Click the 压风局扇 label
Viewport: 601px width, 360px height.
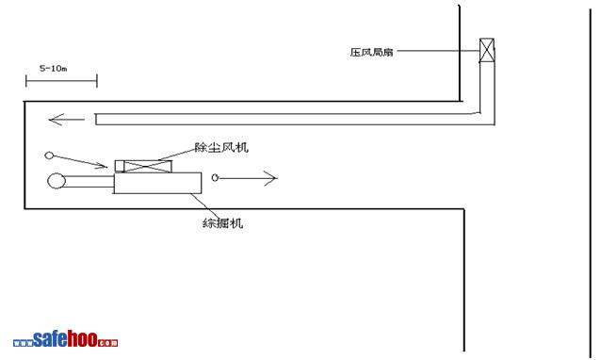tap(371, 52)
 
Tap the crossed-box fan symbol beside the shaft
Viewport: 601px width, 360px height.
tap(487, 50)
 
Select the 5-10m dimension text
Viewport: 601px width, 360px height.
tap(54, 69)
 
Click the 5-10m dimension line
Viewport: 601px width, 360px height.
tap(61, 81)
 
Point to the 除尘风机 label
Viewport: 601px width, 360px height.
tap(221, 147)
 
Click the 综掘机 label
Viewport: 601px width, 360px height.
tap(222, 223)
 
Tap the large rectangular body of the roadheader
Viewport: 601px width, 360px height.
tap(158, 183)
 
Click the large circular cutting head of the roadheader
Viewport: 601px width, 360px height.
tap(57, 181)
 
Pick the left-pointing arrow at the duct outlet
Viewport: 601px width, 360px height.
tap(67, 120)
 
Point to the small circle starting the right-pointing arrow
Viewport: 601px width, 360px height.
tap(215, 177)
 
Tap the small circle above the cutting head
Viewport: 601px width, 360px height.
tap(49, 155)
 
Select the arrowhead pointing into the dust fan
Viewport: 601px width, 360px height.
tap(103, 165)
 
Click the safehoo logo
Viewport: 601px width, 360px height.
tap(65, 339)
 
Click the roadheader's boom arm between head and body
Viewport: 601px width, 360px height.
tap(90, 181)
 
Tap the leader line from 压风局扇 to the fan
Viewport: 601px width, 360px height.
tap(438, 51)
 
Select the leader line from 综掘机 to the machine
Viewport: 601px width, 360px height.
tap(204, 205)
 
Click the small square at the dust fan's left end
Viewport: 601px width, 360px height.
tap(120, 167)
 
